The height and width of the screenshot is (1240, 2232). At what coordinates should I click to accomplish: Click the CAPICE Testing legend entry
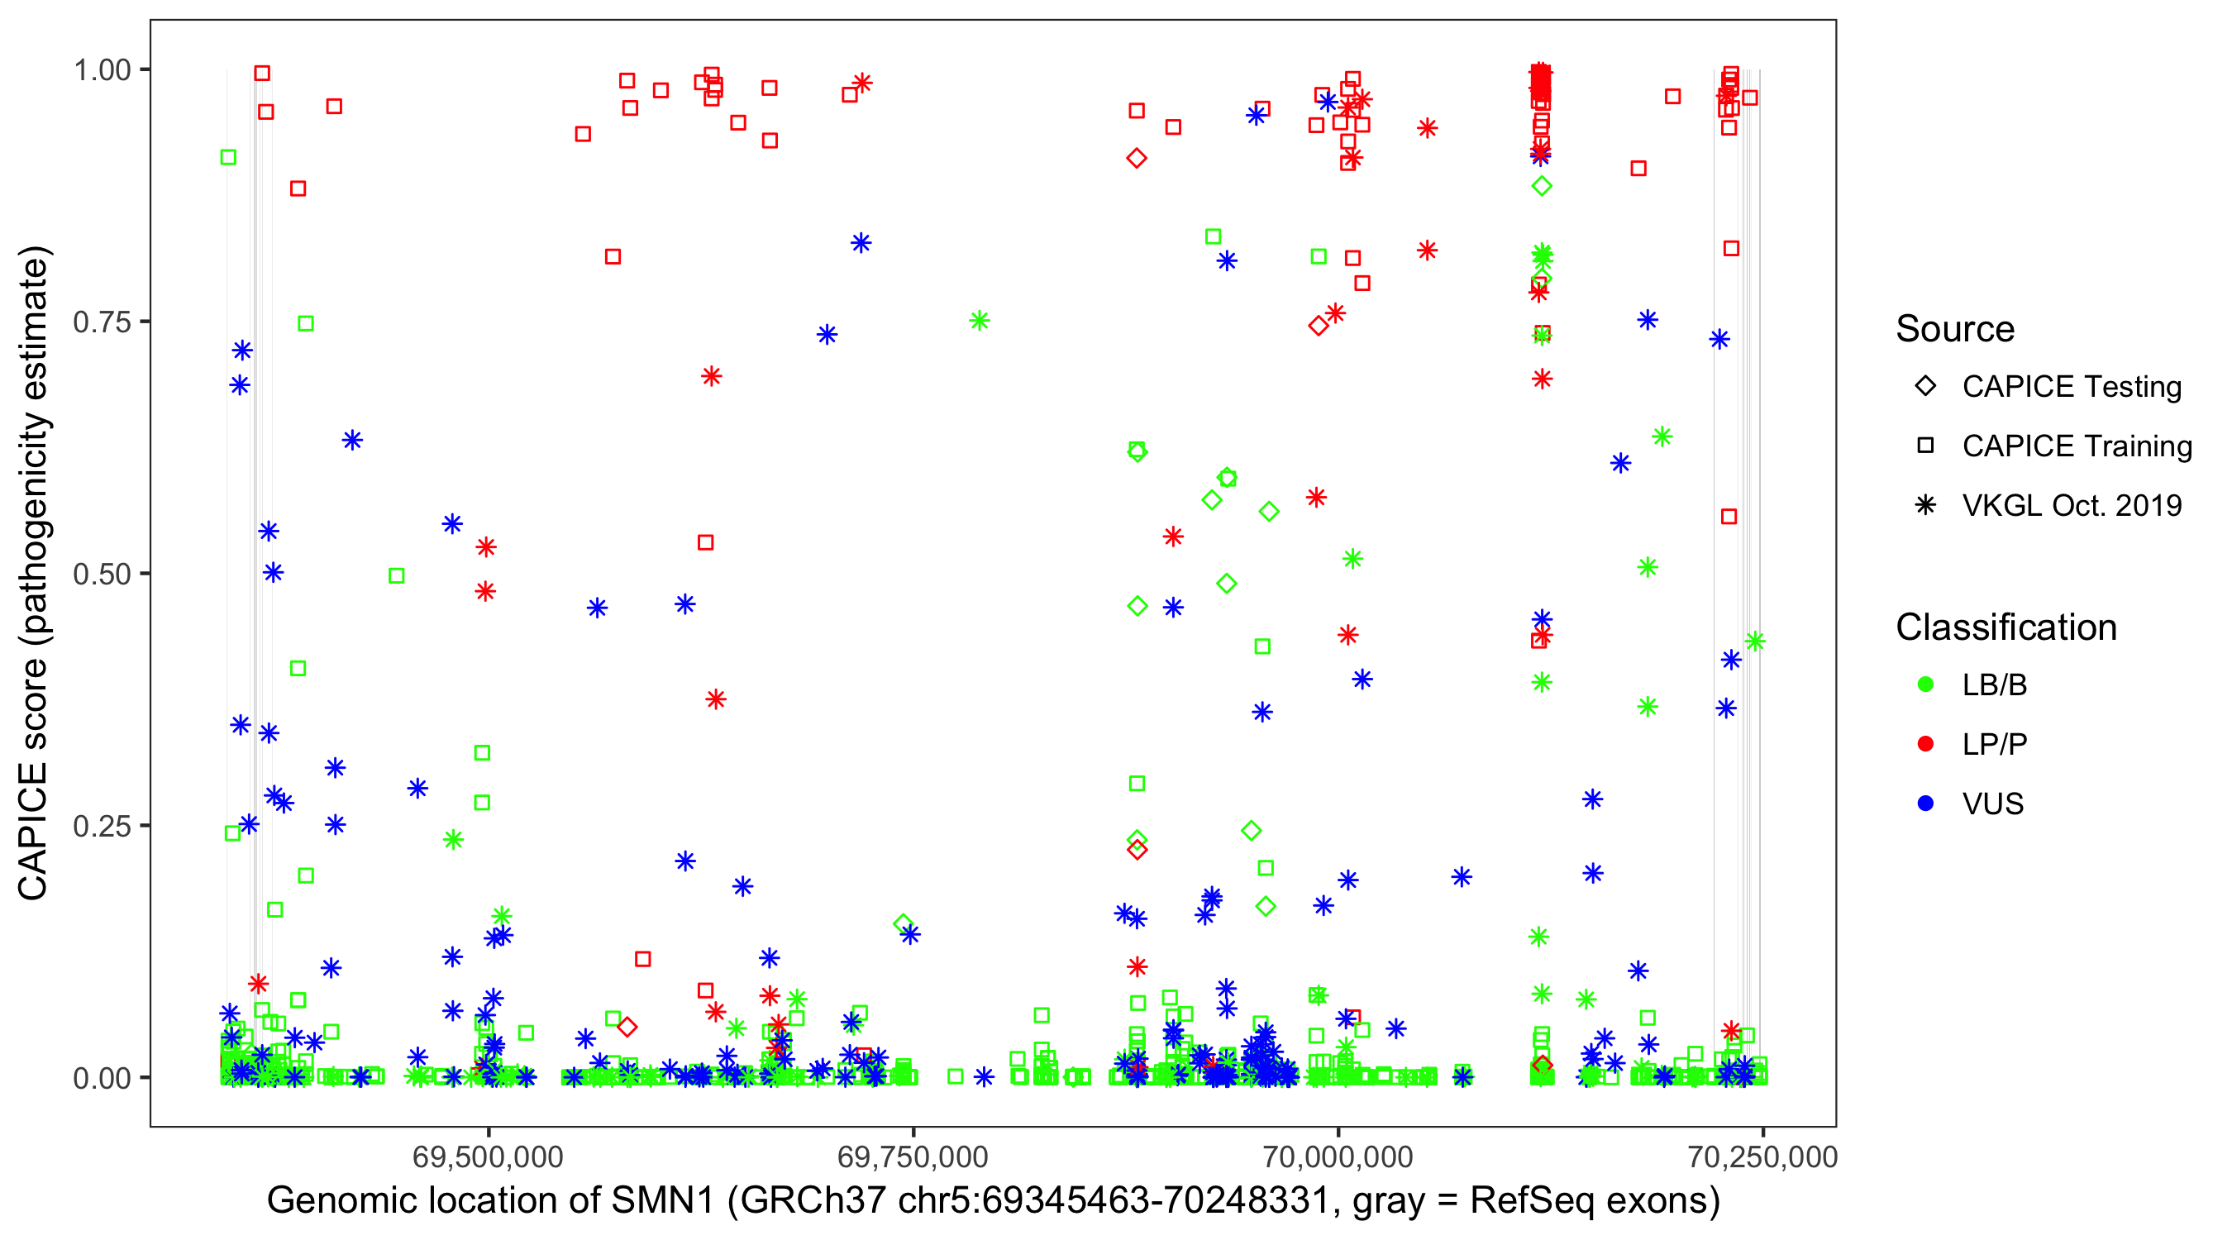point(2070,387)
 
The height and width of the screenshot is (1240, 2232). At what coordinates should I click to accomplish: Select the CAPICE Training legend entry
point(2076,446)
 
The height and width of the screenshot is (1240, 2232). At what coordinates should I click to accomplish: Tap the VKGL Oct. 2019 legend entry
point(2071,505)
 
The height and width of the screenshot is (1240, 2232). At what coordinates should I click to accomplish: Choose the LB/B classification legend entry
point(1994,684)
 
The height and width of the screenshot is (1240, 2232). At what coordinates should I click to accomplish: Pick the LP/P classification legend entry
point(1994,744)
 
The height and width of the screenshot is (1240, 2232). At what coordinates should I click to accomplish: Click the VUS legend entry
point(1992,804)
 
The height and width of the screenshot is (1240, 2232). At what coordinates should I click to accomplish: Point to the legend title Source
point(1955,329)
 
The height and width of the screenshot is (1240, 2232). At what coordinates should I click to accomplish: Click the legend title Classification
point(2005,627)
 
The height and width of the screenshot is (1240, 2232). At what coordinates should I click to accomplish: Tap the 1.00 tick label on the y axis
point(102,70)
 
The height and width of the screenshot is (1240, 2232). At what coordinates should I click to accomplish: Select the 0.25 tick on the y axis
point(102,826)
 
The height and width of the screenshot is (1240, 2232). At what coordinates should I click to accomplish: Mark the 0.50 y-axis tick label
point(102,574)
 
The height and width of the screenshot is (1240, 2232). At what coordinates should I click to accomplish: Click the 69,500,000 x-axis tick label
point(488,1157)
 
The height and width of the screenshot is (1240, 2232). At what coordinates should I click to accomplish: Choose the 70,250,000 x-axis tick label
point(1762,1157)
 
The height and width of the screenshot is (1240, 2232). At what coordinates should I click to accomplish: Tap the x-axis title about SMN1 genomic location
point(993,1201)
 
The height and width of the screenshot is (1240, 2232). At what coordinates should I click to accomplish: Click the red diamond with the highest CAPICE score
point(1137,158)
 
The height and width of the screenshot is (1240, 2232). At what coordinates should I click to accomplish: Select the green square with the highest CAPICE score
point(229,157)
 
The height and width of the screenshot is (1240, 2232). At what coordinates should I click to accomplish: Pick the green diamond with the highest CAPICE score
point(1542,185)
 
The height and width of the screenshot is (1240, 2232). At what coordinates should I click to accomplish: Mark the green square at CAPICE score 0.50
point(397,575)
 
